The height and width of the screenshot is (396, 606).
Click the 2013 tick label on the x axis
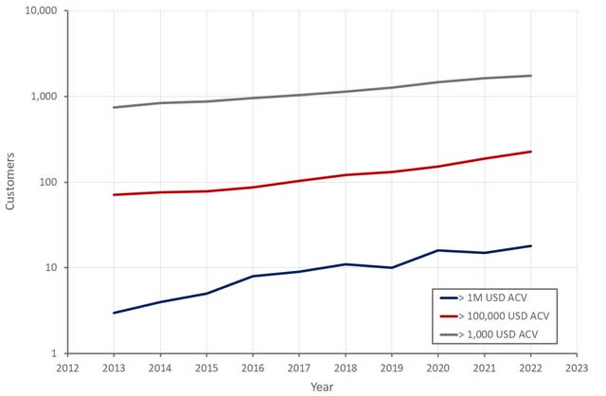[x=114, y=368]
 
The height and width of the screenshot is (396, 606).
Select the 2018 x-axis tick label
[x=345, y=368]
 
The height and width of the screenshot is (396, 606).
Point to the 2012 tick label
[x=67, y=368]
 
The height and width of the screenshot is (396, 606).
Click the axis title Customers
[x=11, y=182]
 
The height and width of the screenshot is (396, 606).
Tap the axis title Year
[x=321, y=386]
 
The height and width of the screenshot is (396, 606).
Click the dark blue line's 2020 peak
[x=437, y=250]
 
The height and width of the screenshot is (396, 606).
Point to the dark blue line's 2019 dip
[x=391, y=267]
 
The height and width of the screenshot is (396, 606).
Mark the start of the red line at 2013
[x=114, y=194]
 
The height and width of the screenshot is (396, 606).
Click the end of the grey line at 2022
[x=530, y=76]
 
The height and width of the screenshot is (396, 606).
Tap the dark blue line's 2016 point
[x=253, y=276]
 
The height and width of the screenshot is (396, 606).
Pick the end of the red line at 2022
[x=530, y=152]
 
